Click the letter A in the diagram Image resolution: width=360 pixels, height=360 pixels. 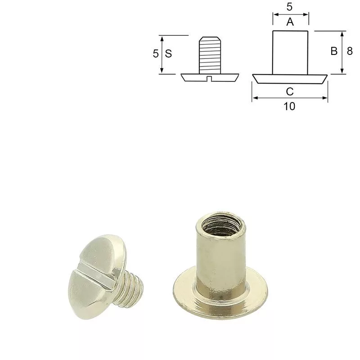(290, 22)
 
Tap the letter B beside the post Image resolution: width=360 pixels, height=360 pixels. (334, 51)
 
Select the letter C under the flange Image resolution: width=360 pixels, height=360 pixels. (290, 92)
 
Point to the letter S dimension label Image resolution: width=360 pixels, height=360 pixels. (168, 54)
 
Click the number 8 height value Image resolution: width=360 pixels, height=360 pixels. (350, 51)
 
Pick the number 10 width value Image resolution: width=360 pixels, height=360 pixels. (289, 106)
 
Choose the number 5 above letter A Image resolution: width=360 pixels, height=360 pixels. (289, 7)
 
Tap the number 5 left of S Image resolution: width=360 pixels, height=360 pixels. (156, 54)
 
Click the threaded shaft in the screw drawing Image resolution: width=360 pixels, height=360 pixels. (210, 55)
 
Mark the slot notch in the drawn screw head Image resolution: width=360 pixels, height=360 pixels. (209, 79)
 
